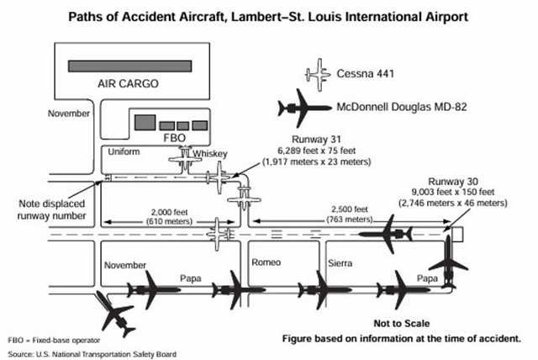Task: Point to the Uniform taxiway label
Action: (x=119, y=152)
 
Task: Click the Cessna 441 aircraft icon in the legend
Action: (x=320, y=74)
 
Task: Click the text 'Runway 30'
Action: (x=451, y=182)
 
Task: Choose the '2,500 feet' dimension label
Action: (x=349, y=209)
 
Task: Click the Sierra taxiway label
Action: (x=340, y=264)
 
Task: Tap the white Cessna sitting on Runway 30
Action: (x=223, y=230)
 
